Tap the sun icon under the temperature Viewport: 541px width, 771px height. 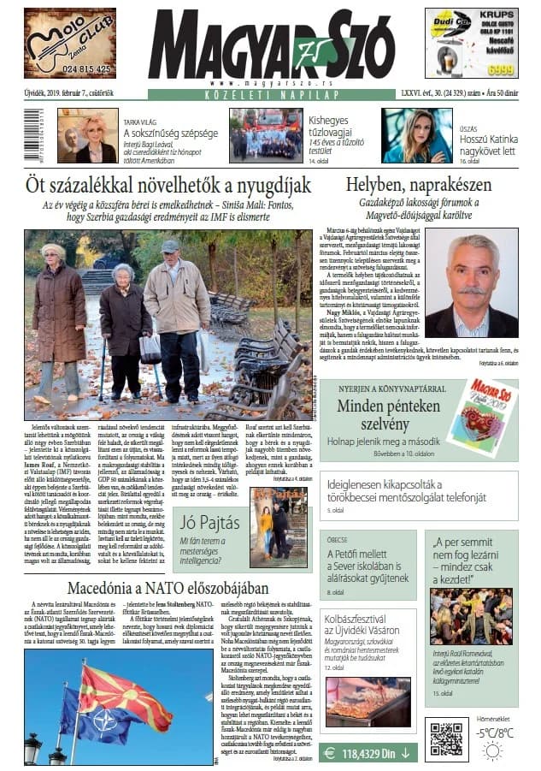pyautogui.click(x=492, y=751)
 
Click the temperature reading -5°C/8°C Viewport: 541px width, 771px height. pyautogui.click(x=496, y=732)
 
